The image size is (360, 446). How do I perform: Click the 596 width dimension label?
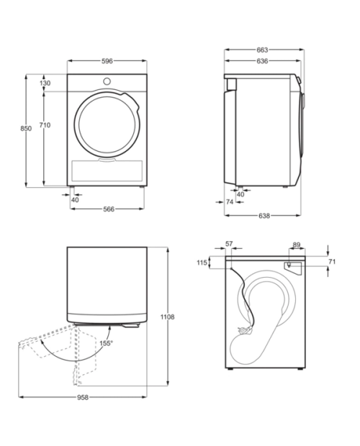coord(107,61)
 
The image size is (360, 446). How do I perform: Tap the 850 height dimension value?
coord(26,129)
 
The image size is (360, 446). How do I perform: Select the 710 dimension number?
coord(45,125)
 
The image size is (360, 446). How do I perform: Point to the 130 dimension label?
coord(45,83)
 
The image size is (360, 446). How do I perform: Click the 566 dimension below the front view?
coord(109,209)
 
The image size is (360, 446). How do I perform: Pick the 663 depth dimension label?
coord(262,50)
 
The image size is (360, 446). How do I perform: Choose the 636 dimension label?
coord(262,61)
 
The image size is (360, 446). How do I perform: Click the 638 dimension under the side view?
coord(264,216)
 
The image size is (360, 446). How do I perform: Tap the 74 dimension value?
coord(230,201)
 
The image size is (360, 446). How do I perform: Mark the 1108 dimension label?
coord(167,317)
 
